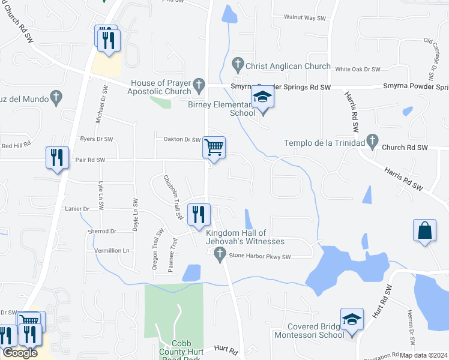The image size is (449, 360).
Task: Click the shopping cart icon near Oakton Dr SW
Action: pyautogui.click(x=214, y=146)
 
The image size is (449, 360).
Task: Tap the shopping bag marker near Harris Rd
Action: pyautogui.click(x=424, y=230)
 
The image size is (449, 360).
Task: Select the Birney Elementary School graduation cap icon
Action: pyautogui.click(x=262, y=97)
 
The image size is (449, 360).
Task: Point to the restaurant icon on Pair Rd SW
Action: pyautogui.click(x=57, y=158)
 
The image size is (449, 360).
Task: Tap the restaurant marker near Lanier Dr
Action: pyautogui.click(x=199, y=214)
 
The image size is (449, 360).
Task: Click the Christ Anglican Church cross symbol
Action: pyautogui.click(x=238, y=62)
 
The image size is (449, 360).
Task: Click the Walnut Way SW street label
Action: pyautogui.click(x=304, y=19)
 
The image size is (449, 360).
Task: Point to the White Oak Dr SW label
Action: pyautogui.click(x=360, y=70)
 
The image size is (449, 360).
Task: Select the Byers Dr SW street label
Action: pyautogui.click(x=97, y=139)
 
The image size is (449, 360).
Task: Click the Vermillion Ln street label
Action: pyautogui.click(x=112, y=250)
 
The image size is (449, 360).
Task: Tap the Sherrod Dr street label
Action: pyautogui.click(x=101, y=231)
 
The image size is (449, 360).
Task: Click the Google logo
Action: pyautogui.click(x=19, y=353)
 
